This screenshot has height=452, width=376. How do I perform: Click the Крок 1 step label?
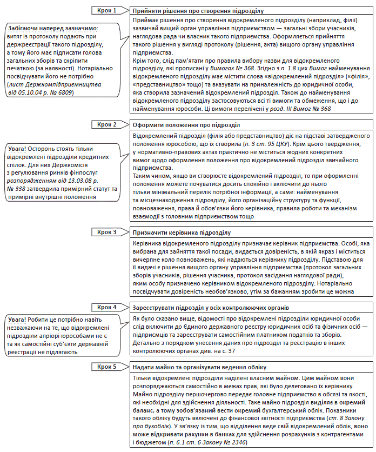click(108, 10)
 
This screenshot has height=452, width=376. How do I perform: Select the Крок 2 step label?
click(108, 124)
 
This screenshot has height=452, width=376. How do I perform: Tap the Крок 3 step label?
click(108, 232)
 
